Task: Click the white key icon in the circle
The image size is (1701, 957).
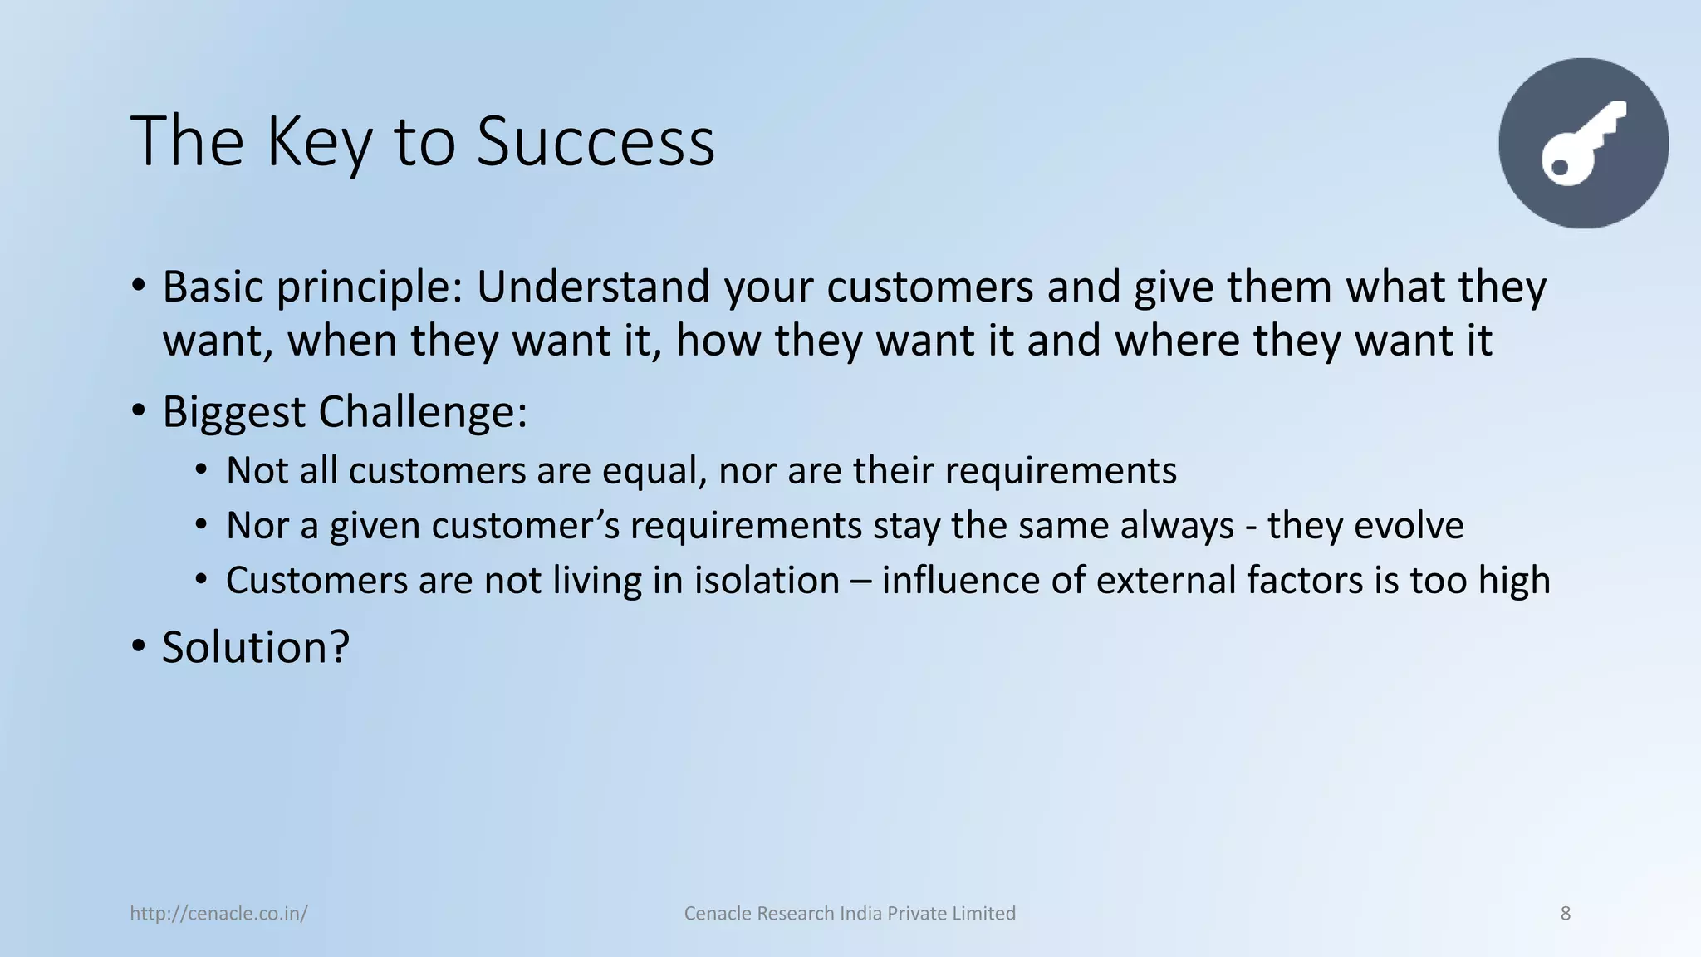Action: [x=1582, y=143]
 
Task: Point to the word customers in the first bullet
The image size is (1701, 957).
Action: [x=930, y=287]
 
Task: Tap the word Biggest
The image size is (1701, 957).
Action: [x=233, y=413]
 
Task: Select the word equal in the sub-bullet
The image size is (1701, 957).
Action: [x=653, y=471]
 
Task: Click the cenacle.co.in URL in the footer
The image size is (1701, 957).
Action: [x=219, y=914]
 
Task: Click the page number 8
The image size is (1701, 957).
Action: [x=1566, y=914]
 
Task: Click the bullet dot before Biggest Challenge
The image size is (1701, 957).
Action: [x=139, y=410]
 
